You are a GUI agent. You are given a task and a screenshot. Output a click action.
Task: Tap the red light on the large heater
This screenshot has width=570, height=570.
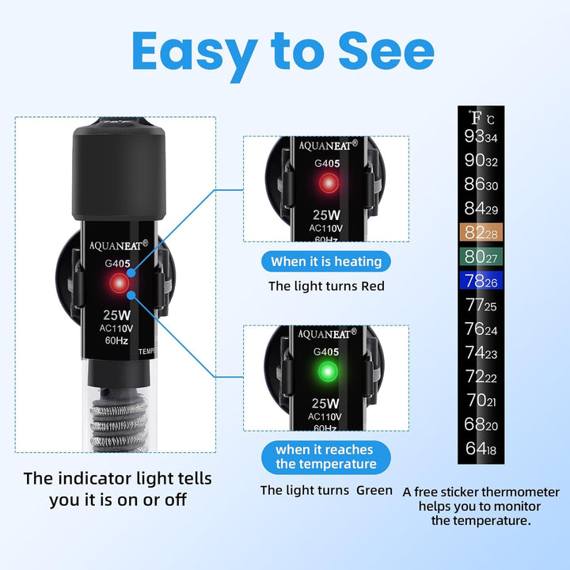(120, 283)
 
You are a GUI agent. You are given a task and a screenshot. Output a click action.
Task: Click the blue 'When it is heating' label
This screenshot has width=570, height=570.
(326, 261)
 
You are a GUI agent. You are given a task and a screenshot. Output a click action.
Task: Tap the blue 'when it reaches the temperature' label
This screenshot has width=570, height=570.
(326, 456)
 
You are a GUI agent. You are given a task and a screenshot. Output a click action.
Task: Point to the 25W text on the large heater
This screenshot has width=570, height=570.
(116, 315)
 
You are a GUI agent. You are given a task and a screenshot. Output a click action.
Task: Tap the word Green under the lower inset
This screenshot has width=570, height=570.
(374, 491)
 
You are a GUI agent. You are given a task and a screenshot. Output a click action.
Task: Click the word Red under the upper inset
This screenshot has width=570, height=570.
(370, 286)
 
